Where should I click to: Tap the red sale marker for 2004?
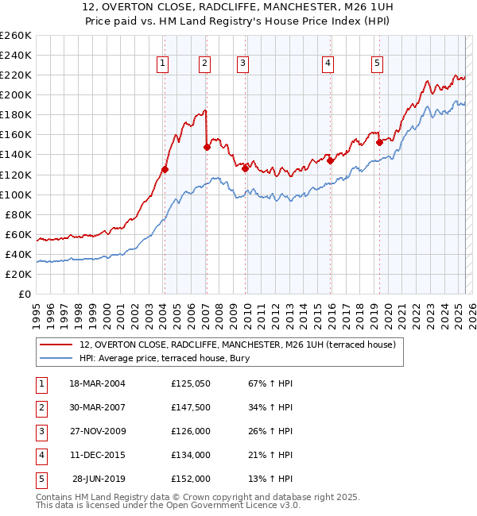[165, 169]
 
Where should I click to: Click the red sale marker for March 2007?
[207, 147]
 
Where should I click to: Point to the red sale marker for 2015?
[330, 160]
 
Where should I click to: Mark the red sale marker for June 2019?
[379, 142]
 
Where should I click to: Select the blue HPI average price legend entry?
[165, 359]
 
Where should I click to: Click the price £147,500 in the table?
[190, 407]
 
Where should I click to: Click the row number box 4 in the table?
[41, 455]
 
